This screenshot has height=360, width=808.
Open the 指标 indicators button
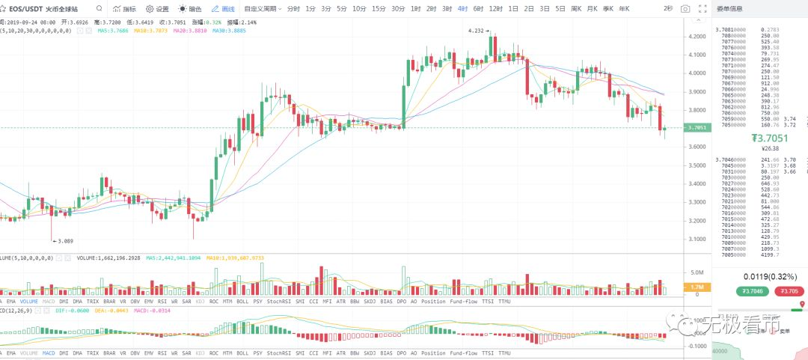tap(125, 9)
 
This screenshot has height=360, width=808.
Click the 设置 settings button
tap(157, 9)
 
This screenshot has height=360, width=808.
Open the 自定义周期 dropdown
tap(261, 9)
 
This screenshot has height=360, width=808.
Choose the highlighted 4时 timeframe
tap(462, 9)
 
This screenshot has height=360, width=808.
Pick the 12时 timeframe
tap(495, 9)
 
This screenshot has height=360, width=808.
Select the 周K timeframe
tap(576, 9)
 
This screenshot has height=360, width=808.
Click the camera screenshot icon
tap(685, 9)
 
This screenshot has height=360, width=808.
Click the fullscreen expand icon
tap(702, 9)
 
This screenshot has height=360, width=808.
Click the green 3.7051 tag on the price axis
tap(696, 128)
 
